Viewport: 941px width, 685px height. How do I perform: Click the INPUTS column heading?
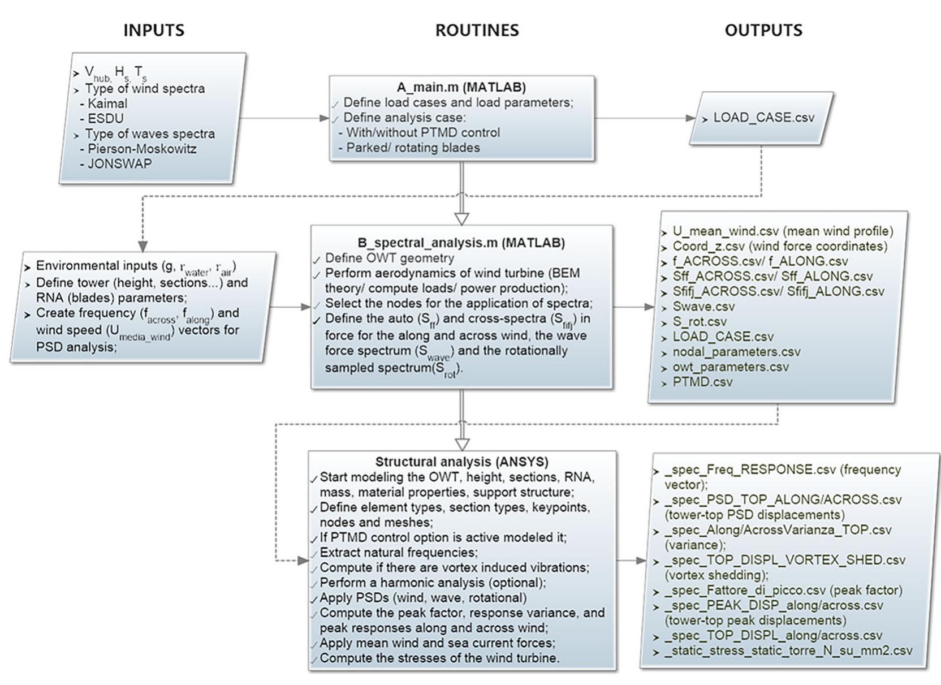click(154, 30)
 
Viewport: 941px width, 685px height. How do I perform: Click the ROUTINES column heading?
click(477, 30)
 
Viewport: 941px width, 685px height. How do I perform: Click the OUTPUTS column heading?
click(763, 30)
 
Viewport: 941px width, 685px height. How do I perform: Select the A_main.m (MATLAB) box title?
click(461, 87)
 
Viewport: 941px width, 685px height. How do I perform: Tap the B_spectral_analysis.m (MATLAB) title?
click(461, 243)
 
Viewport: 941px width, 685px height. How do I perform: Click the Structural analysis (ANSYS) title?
click(461, 462)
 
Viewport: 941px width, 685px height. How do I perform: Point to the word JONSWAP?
click(119, 163)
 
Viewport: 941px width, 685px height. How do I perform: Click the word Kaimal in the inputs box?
click(107, 104)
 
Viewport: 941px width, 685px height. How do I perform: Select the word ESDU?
click(105, 118)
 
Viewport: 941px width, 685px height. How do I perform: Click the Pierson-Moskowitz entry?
click(142, 149)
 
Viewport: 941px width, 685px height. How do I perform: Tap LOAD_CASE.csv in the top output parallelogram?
click(763, 118)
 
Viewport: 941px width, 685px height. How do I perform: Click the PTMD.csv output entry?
click(702, 382)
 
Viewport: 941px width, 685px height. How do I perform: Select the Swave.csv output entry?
click(703, 307)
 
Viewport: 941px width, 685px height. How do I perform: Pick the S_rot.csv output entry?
click(700, 322)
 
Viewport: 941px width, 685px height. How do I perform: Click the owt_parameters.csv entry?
click(730, 367)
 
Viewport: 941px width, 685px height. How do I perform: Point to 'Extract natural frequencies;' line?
click(398, 552)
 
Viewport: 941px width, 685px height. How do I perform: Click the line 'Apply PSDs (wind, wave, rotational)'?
click(422, 597)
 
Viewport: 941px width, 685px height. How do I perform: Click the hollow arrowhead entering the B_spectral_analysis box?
click(461, 219)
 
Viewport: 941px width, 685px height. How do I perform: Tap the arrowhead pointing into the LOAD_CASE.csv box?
click(690, 118)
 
